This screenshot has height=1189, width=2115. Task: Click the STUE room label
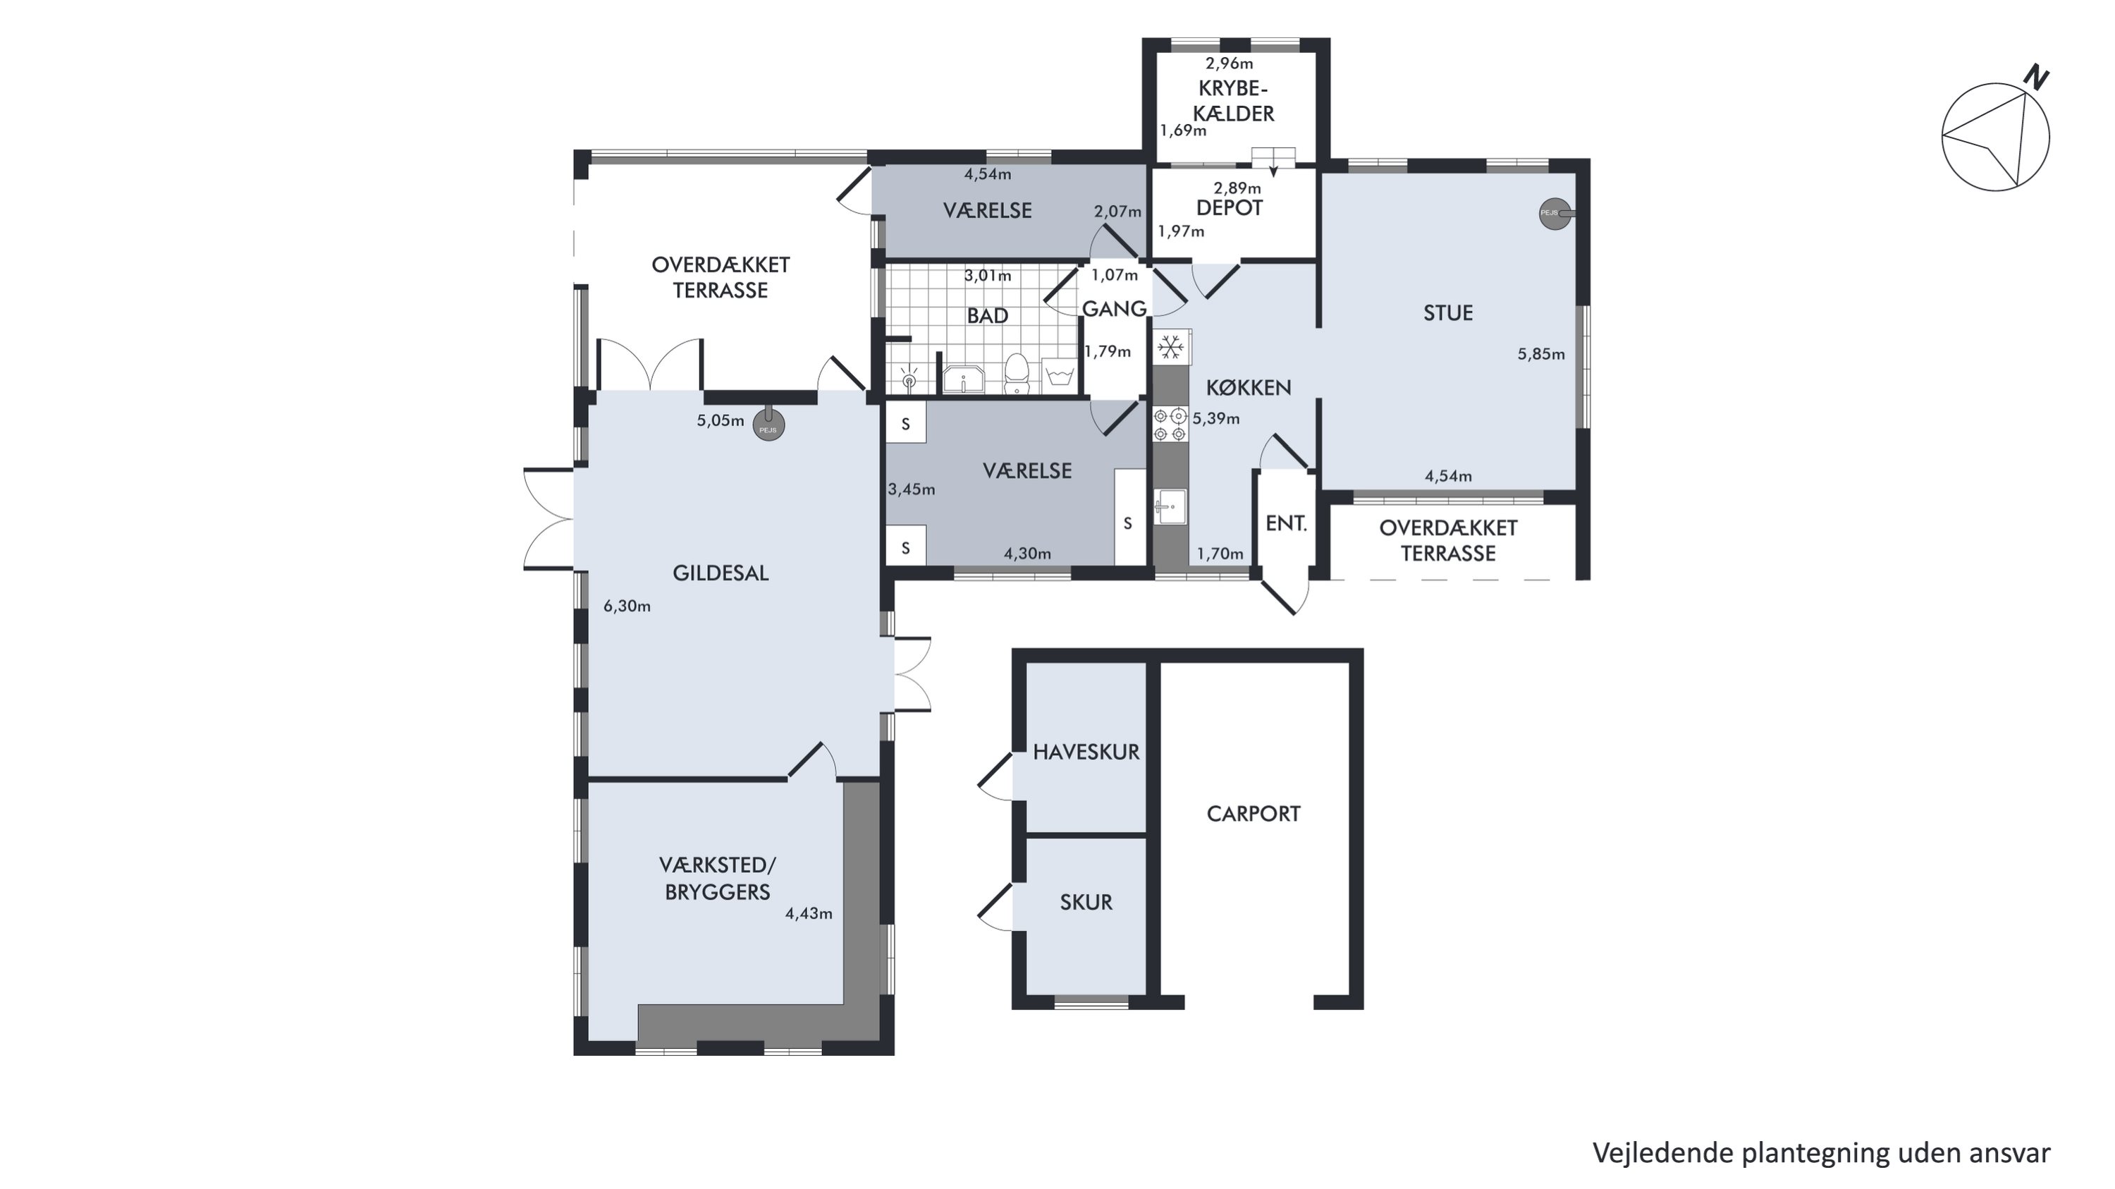(x=1447, y=313)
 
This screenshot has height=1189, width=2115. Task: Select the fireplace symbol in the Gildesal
(x=768, y=425)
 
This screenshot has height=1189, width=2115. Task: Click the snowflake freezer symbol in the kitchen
(x=1171, y=348)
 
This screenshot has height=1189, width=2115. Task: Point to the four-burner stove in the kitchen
(x=1170, y=425)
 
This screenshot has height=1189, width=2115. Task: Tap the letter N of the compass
(x=2035, y=78)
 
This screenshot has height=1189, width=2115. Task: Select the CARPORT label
(x=1253, y=814)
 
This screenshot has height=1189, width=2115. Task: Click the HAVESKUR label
(x=1086, y=752)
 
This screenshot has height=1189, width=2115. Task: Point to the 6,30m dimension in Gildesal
(x=627, y=606)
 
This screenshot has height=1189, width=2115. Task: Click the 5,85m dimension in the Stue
(x=1541, y=355)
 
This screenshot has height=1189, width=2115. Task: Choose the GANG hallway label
(x=1113, y=309)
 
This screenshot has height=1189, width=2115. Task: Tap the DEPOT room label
(x=1229, y=208)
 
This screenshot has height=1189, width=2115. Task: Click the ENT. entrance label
(x=1286, y=523)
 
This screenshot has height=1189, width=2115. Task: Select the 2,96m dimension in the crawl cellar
(x=1229, y=63)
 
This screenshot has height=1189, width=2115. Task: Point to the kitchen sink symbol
(x=1170, y=506)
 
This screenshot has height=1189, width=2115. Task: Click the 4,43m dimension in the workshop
(x=809, y=913)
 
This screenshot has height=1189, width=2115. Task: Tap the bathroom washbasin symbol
(x=962, y=379)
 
